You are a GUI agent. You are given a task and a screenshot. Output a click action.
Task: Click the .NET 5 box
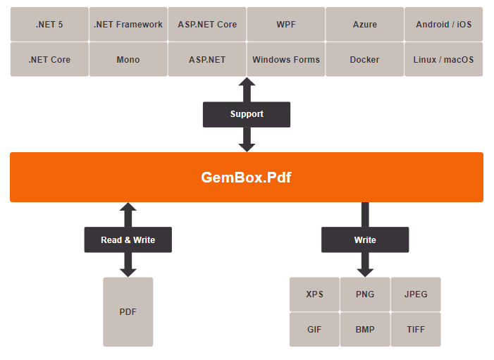click(49, 24)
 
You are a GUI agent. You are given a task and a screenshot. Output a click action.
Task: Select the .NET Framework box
click(128, 24)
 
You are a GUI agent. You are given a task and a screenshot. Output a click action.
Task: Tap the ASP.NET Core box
click(207, 24)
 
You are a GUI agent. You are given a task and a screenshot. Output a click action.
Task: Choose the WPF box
click(286, 24)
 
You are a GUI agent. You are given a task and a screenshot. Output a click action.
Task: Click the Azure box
click(365, 24)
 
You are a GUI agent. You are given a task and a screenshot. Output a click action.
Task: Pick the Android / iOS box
click(444, 24)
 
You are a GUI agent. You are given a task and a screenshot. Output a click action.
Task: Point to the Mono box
click(128, 59)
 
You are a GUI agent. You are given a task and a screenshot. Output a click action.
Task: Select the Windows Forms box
click(286, 59)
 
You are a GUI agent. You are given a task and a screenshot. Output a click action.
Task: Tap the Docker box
click(365, 59)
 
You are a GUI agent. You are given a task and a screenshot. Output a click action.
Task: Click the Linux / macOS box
click(444, 59)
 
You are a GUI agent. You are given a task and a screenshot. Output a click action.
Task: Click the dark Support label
click(247, 114)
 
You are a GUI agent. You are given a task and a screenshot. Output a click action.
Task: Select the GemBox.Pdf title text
click(247, 178)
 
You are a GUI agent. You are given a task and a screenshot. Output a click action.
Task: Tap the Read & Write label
click(128, 240)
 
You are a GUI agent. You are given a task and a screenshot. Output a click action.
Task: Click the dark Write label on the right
click(365, 240)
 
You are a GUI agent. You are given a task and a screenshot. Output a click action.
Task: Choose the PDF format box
click(128, 311)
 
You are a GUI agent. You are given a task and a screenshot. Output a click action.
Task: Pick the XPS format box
click(314, 294)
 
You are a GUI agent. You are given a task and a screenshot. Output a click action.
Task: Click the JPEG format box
click(416, 294)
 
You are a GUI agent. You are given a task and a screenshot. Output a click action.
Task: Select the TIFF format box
click(416, 329)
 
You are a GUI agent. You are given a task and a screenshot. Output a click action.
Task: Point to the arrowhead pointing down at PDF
click(128, 271)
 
